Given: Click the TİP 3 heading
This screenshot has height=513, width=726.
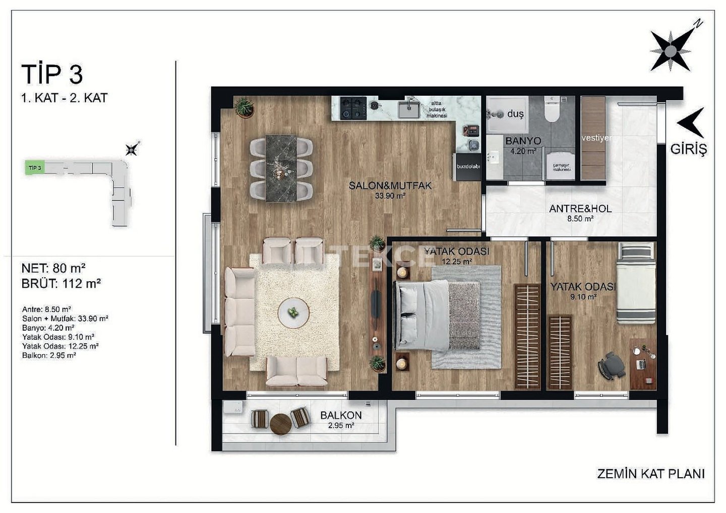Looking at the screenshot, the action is pyautogui.click(x=52, y=74).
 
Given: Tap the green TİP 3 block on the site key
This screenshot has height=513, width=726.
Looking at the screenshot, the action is pyautogui.click(x=35, y=168).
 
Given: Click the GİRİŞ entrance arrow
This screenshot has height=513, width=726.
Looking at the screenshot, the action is pyautogui.click(x=692, y=123).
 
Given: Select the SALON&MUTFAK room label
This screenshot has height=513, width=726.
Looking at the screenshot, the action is pyautogui.click(x=390, y=185).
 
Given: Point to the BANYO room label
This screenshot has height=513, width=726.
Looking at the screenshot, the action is pyautogui.click(x=523, y=141).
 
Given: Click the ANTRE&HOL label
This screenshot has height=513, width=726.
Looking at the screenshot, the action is pyautogui.click(x=580, y=209).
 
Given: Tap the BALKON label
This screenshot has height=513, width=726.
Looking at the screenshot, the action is pyautogui.click(x=341, y=415).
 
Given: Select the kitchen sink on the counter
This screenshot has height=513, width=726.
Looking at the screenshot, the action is pyautogui.click(x=409, y=108).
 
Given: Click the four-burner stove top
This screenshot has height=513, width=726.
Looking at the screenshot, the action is pyautogui.click(x=353, y=108).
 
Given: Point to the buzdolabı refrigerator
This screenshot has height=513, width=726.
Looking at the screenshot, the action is pyautogui.click(x=468, y=167).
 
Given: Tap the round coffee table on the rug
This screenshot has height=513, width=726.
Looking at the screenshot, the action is pyautogui.click(x=293, y=313).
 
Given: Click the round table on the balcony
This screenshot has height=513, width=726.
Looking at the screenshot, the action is pyautogui.click(x=281, y=424).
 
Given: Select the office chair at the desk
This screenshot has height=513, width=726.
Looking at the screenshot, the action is pyautogui.click(x=611, y=365).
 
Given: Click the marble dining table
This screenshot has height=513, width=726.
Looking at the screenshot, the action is pyautogui.click(x=281, y=168).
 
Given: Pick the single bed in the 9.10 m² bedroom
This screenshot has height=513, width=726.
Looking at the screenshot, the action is pyautogui.click(x=636, y=283).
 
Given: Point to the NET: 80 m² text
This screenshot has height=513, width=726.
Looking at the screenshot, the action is pyautogui.click(x=53, y=268).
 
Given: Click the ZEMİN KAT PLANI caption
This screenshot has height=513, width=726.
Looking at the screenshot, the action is pyautogui.click(x=651, y=474).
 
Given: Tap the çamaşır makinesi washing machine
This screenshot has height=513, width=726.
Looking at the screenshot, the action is pyautogui.click(x=560, y=166).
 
